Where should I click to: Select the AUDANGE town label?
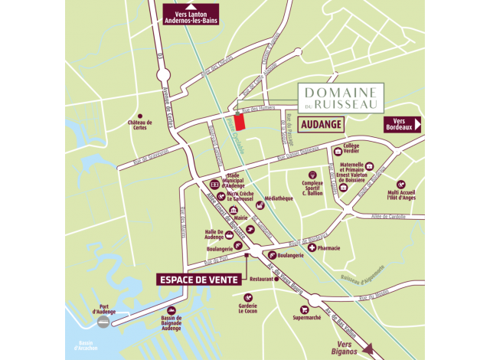coord(321,123)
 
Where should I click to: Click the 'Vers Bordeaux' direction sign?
coord(402,124)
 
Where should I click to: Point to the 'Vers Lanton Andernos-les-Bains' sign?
coord(191,15)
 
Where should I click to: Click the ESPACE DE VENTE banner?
coord(199,279)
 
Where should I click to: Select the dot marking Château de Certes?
coord(139,116)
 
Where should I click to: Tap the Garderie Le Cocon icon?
coord(247,297)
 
